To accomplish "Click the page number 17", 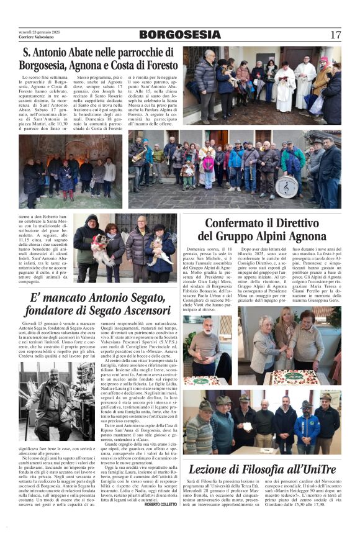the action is [335, 35].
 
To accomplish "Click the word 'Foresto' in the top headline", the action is [155, 64].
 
